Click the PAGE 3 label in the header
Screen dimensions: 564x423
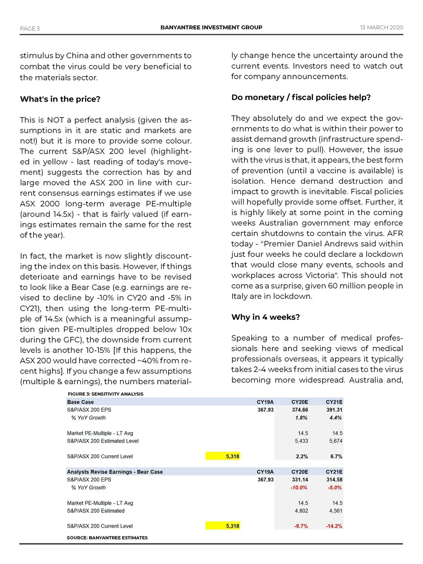tap(30, 28)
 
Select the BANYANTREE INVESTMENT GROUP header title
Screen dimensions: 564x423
tap(211, 28)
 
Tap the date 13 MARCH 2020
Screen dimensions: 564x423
tap(381, 28)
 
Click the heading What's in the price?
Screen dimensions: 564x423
tap(60, 99)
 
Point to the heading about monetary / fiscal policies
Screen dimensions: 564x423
tap(301, 97)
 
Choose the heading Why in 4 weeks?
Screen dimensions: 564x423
tap(265, 317)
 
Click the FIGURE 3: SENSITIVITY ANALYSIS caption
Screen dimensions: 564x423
tap(105, 394)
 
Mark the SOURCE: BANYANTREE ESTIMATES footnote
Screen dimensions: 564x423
tap(107, 538)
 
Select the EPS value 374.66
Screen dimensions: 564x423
tap(299, 410)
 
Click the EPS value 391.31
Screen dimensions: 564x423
tap(334, 410)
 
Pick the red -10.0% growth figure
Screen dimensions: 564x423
tap(299, 487)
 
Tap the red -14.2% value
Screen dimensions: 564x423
tap(334, 526)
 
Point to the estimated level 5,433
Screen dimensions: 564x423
tap(301, 441)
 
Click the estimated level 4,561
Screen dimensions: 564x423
tap(335, 511)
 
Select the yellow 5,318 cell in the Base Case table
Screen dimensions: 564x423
tap(223, 456)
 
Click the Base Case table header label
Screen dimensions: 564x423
tap(80, 402)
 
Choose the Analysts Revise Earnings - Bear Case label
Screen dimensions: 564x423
tap(115, 472)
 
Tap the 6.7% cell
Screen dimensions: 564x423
tap(336, 457)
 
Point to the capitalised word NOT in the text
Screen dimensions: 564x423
tap(55, 120)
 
